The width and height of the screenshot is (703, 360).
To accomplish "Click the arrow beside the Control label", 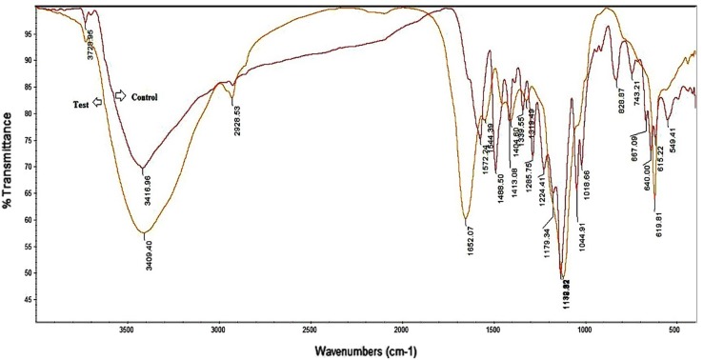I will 120,96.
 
